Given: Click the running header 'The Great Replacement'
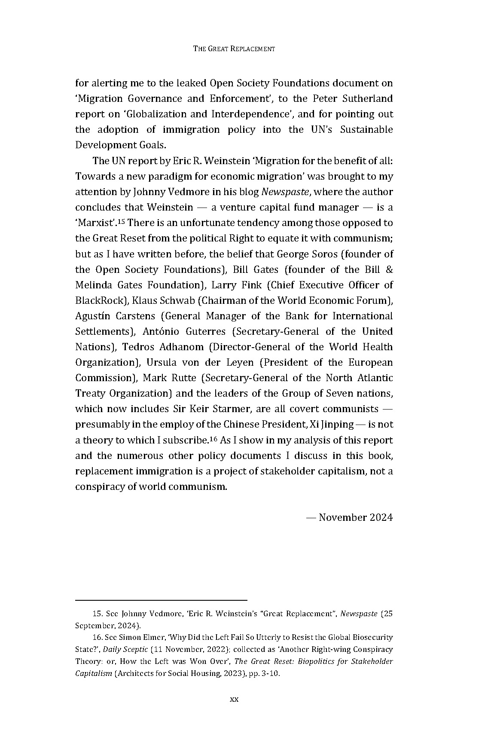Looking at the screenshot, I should click(x=234, y=49).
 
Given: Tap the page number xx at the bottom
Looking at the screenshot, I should click(x=234, y=699).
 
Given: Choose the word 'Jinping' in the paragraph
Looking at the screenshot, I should click(x=337, y=424).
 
